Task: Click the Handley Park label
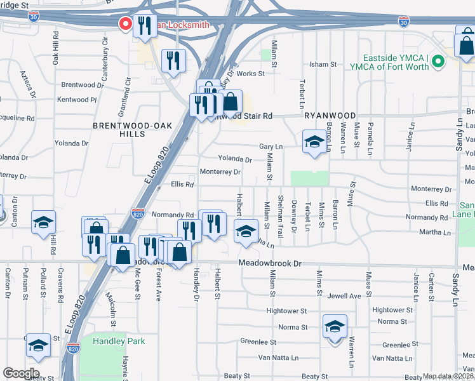(x=119, y=341)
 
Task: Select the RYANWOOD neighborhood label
(x=330, y=116)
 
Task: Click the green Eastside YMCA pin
(x=438, y=62)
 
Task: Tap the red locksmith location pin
(x=126, y=24)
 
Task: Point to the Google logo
(x=21, y=373)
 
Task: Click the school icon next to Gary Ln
(x=314, y=143)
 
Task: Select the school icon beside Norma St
(x=335, y=327)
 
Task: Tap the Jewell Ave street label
(x=344, y=296)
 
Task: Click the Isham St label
(x=323, y=64)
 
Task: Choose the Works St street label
(x=251, y=74)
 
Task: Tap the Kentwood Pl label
(x=76, y=100)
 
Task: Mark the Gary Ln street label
(x=271, y=147)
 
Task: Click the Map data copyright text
(x=447, y=376)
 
